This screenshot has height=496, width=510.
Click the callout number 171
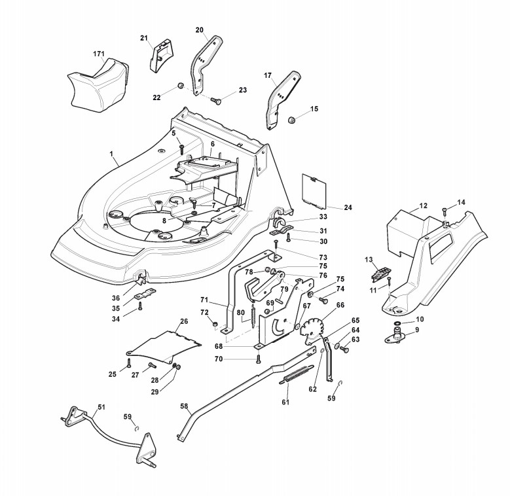(99, 53)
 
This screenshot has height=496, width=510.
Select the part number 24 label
(348, 207)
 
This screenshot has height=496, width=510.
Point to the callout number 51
(101, 406)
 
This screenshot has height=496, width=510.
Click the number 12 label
(423, 205)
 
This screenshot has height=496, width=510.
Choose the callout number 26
(184, 321)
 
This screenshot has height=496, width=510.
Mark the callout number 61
(285, 402)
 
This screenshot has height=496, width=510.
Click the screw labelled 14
(445, 210)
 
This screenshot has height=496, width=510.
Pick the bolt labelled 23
(217, 100)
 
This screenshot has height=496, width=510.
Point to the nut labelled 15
(293, 120)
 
